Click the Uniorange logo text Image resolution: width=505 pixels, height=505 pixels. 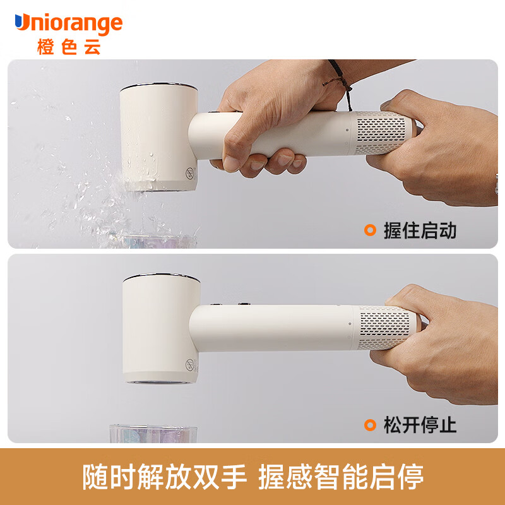(x=69, y=23)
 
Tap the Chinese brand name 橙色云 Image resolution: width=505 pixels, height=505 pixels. (x=69, y=47)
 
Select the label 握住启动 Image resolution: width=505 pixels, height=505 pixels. (x=420, y=230)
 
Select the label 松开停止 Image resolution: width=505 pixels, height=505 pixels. (x=420, y=425)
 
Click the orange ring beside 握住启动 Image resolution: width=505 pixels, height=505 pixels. (x=370, y=230)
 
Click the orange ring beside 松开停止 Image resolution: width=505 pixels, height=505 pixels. (x=370, y=425)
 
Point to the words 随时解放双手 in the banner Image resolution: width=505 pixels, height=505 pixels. (x=164, y=477)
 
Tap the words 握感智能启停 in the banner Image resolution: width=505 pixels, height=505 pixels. (x=341, y=477)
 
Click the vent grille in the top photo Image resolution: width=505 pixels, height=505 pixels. (x=381, y=133)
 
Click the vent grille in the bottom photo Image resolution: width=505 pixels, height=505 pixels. (x=384, y=327)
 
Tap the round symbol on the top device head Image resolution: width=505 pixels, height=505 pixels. (x=191, y=173)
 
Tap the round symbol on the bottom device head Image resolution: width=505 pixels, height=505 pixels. (x=190, y=365)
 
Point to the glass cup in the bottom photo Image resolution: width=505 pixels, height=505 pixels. (x=153, y=434)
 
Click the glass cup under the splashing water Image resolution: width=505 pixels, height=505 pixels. (x=160, y=242)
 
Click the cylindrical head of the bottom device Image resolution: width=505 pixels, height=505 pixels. (x=161, y=328)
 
